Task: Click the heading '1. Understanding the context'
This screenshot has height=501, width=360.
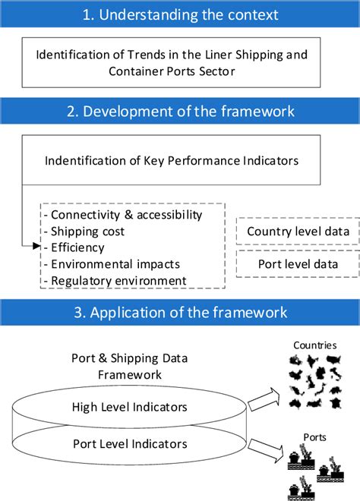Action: tap(180, 14)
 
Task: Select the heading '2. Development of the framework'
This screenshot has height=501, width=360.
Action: tap(180, 112)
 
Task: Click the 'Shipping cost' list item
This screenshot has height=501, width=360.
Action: tap(87, 232)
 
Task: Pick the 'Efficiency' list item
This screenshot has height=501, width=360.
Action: tap(77, 247)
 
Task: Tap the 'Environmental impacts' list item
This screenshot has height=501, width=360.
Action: tap(114, 264)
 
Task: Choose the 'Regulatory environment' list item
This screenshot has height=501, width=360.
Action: tap(117, 281)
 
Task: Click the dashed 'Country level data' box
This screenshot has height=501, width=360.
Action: tap(298, 231)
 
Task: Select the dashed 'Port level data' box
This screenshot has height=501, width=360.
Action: tap(298, 264)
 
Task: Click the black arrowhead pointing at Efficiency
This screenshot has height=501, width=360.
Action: tap(36, 247)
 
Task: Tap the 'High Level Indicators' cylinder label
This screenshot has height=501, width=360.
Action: tap(129, 408)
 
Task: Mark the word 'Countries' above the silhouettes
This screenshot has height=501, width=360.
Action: tap(315, 345)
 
